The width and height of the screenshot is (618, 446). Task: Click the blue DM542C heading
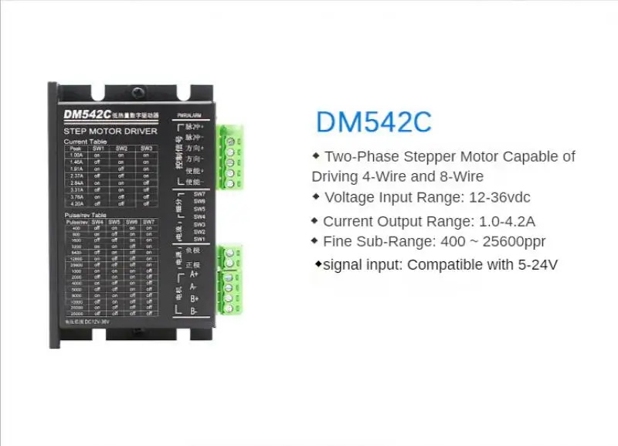[x=373, y=122]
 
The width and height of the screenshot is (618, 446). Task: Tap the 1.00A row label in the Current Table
[x=76, y=155]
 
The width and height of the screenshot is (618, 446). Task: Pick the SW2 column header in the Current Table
[x=122, y=148]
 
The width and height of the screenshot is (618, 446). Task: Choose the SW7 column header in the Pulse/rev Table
[x=148, y=222]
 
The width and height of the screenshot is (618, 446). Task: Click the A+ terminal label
[x=194, y=274]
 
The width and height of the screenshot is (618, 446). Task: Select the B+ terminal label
[x=194, y=298]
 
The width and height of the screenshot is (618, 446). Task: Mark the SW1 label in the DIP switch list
[x=199, y=239]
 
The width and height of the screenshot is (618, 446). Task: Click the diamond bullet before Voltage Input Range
[x=315, y=196]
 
